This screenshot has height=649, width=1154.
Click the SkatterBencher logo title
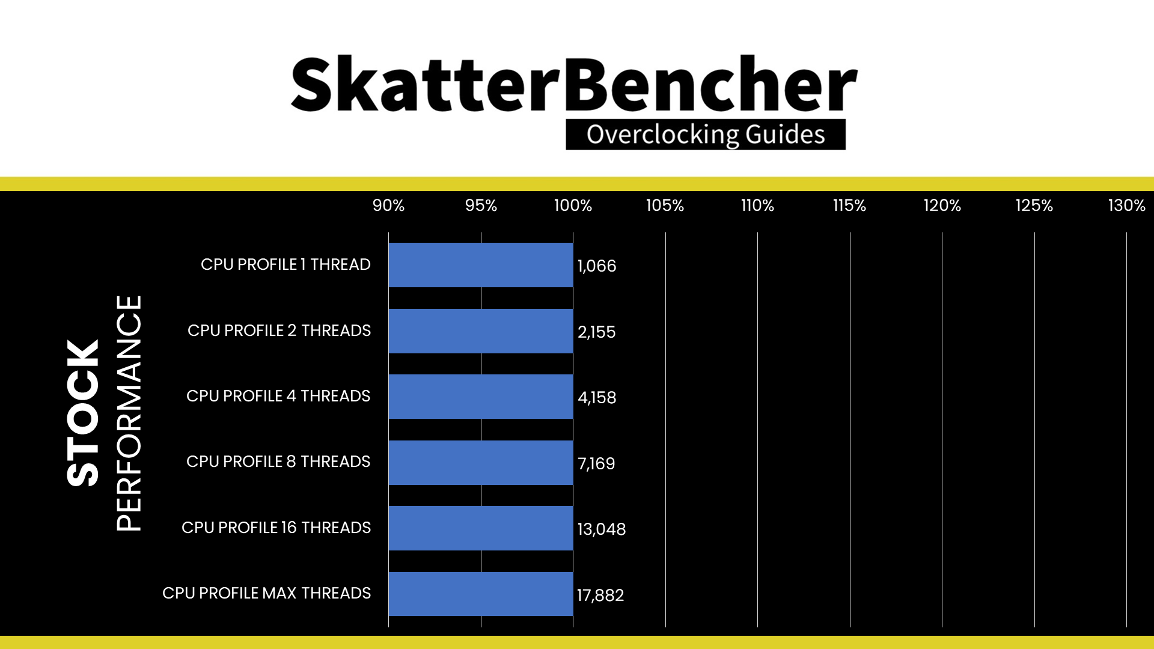click(x=574, y=84)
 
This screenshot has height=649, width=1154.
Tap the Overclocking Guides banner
click(x=706, y=135)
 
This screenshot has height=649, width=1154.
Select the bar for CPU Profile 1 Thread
click(x=481, y=265)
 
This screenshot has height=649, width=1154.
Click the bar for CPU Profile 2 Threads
click(x=481, y=331)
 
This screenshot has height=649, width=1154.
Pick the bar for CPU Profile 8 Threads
click(x=481, y=463)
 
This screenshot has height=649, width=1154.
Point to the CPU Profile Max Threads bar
click(x=481, y=594)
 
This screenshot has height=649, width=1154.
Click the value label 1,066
click(x=597, y=266)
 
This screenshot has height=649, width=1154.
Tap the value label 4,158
click(x=597, y=398)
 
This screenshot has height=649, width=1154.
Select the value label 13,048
click(x=602, y=529)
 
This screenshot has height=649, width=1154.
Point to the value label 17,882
click(x=600, y=596)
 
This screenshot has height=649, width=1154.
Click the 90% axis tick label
click(x=388, y=206)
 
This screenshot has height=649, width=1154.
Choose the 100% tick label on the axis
click(x=573, y=206)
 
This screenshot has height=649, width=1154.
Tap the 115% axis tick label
click(x=849, y=206)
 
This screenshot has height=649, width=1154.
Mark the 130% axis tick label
click(x=1126, y=206)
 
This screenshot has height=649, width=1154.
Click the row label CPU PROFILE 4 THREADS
click(x=278, y=396)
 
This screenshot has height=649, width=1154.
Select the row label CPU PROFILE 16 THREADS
click(x=276, y=528)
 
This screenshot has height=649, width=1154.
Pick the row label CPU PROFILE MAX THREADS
click(x=267, y=593)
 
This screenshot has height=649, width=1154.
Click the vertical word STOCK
click(x=83, y=413)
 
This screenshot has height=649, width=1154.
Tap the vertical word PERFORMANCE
click(x=129, y=413)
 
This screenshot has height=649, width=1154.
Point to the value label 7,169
click(x=596, y=464)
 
